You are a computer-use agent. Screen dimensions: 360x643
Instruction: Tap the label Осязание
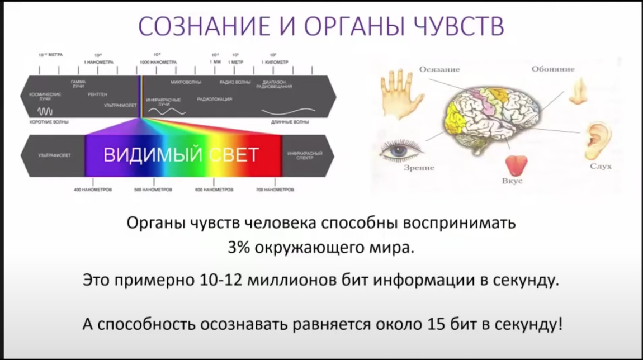pyautogui.click(x=439, y=69)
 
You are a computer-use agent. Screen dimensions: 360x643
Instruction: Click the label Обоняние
pyautogui.click(x=553, y=69)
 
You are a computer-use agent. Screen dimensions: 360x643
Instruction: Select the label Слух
pyautogui.click(x=601, y=167)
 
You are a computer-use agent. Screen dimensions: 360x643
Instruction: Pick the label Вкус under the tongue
pyautogui.click(x=512, y=182)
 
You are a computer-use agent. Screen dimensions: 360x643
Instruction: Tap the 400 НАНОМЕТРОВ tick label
pyautogui.click(x=92, y=190)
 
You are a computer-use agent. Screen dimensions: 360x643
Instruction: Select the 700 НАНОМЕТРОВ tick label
pyautogui.click(x=275, y=190)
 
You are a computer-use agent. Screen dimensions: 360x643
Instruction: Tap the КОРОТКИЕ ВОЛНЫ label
pyautogui.click(x=45, y=121)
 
